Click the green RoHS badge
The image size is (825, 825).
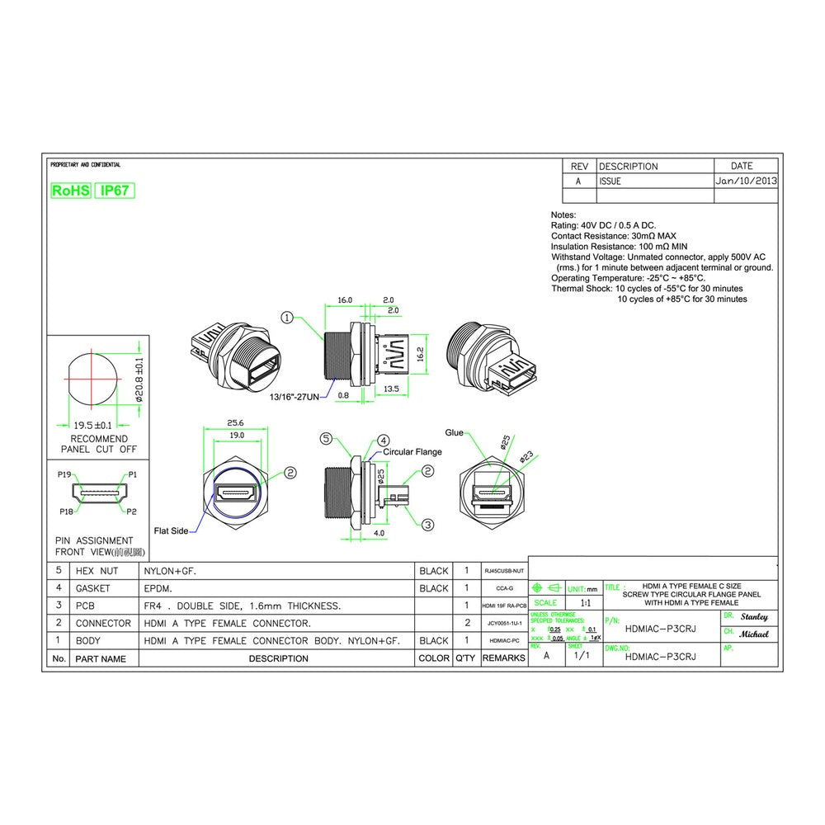pos(71,191)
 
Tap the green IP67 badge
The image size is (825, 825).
pos(115,191)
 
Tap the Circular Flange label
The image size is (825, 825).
pos(412,452)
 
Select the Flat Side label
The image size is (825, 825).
pos(171,530)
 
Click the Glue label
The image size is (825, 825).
pos(454,432)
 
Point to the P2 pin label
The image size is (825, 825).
pos(131,511)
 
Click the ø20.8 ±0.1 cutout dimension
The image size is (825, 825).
pos(139,379)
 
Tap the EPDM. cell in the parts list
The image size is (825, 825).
pos(161,588)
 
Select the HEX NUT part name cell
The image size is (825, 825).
pos(97,571)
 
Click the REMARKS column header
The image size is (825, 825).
pos(504,658)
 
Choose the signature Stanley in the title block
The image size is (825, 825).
pos(754,617)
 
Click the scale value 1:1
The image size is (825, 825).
pos(585,603)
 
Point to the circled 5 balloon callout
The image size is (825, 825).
pos(326,438)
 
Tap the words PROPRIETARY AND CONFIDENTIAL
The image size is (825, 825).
pos(85,165)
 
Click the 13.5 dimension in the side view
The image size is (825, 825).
pos(391,389)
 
